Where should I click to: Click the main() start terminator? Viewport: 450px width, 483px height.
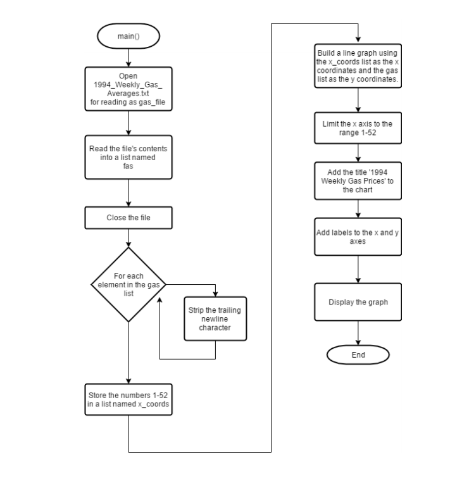point(128,36)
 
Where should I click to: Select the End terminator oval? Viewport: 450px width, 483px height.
point(358,355)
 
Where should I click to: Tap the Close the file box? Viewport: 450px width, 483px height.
point(128,218)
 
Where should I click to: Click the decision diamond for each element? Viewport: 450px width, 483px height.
point(128,285)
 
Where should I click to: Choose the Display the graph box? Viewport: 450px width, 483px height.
point(358,302)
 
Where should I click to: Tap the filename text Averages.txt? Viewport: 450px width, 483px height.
point(128,94)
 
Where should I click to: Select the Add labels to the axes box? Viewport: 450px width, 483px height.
point(358,237)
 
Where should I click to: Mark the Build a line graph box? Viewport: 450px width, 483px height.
point(358,65)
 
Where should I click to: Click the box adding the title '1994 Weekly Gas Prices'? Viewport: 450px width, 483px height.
point(358,182)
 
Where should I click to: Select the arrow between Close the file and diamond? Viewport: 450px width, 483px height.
point(128,238)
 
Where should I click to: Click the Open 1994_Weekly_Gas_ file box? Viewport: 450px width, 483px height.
point(128,89)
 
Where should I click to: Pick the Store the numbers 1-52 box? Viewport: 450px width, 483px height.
point(128,399)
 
